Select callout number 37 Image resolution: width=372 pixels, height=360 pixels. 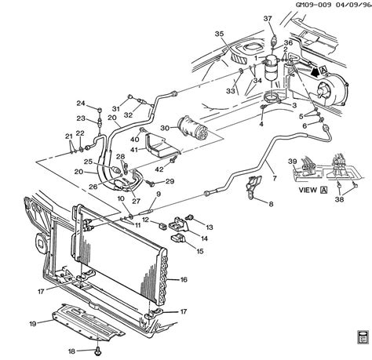click(x=268, y=19)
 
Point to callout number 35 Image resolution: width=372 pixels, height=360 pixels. click(x=219, y=34)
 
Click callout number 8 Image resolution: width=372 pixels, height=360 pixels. click(x=271, y=205)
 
